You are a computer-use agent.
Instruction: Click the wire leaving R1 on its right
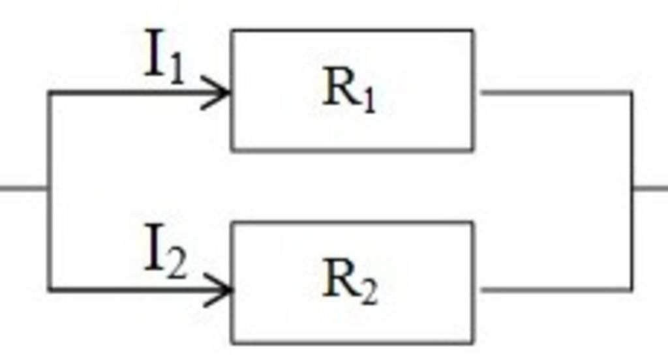(x=554, y=93)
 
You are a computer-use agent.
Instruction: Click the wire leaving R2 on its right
(x=554, y=288)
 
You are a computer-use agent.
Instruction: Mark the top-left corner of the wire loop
(x=50, y=93)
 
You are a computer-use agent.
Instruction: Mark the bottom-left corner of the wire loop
(x=50, y=288)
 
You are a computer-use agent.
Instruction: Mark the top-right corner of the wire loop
(x=631, y=93)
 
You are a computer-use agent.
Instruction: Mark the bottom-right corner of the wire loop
(x=631, y=288)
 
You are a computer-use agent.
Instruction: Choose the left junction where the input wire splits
(x=50, y=189)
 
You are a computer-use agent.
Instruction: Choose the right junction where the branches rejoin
(x=631, y=189)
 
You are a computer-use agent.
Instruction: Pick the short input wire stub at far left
(x=23, y=189)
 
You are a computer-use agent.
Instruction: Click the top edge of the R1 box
(x=352, y=30)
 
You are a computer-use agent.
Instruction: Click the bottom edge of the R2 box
(x=352, y=342)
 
